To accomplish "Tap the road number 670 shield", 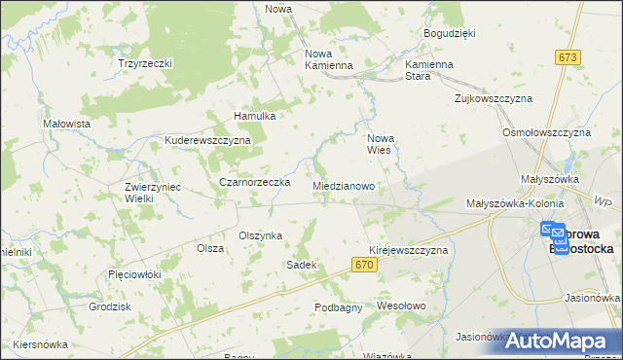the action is pyautogui.click(x=364, y=265).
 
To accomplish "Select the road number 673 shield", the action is pyautogui.click(x=568, y=58).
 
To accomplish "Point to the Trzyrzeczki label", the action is pyautogui.click(x=145, y=63).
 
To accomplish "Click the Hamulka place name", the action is pyautogui.click(x=256, y=116).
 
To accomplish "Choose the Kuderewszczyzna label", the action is pyautogui.click(x=208, y=140).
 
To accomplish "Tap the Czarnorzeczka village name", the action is pyautogui.click(x=255, y=182).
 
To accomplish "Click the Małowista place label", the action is pyautogui.click(x=67, y=124).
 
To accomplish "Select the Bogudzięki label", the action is pyautogui.click(x=449, y=33).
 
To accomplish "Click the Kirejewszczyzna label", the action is pyautogui.click(x=409, y=250).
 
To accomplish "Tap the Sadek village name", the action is pyautogui.click(x=301, y=265).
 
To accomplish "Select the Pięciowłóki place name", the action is pyautogui.click(x=134, y=274).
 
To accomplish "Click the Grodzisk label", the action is pyautogui.click(x=109, y=306).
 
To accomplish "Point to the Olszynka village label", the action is pyautogui.click(x=260, y=235).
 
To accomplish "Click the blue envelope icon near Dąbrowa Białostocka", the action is pyautogui.click(x=553, y=233).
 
